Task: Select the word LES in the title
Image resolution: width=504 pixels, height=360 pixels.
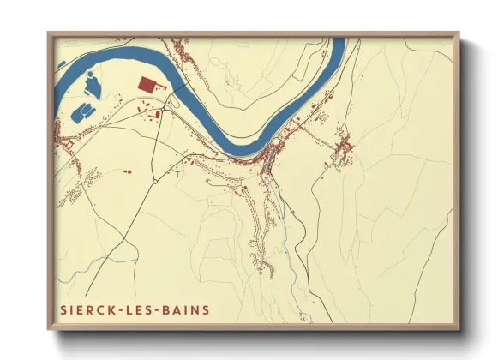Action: pyautogui.click(x=141, y=309)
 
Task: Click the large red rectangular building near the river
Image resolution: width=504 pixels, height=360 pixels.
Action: pyautogui.click(x=149, y=84)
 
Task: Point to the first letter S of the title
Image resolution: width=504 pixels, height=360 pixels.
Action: pyautogui.click(x=63, y=309)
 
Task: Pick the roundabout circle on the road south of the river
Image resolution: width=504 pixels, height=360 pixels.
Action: pyautogui.click(x=155, y=182)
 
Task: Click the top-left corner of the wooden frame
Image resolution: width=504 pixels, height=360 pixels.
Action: pyautogui.click(x=48, y=33)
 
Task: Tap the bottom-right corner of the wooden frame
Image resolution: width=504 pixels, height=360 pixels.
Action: pyautogui.click(x=459, y=329)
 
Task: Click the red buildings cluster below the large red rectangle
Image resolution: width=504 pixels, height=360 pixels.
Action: pyautogui.click(x=153, y=114)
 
